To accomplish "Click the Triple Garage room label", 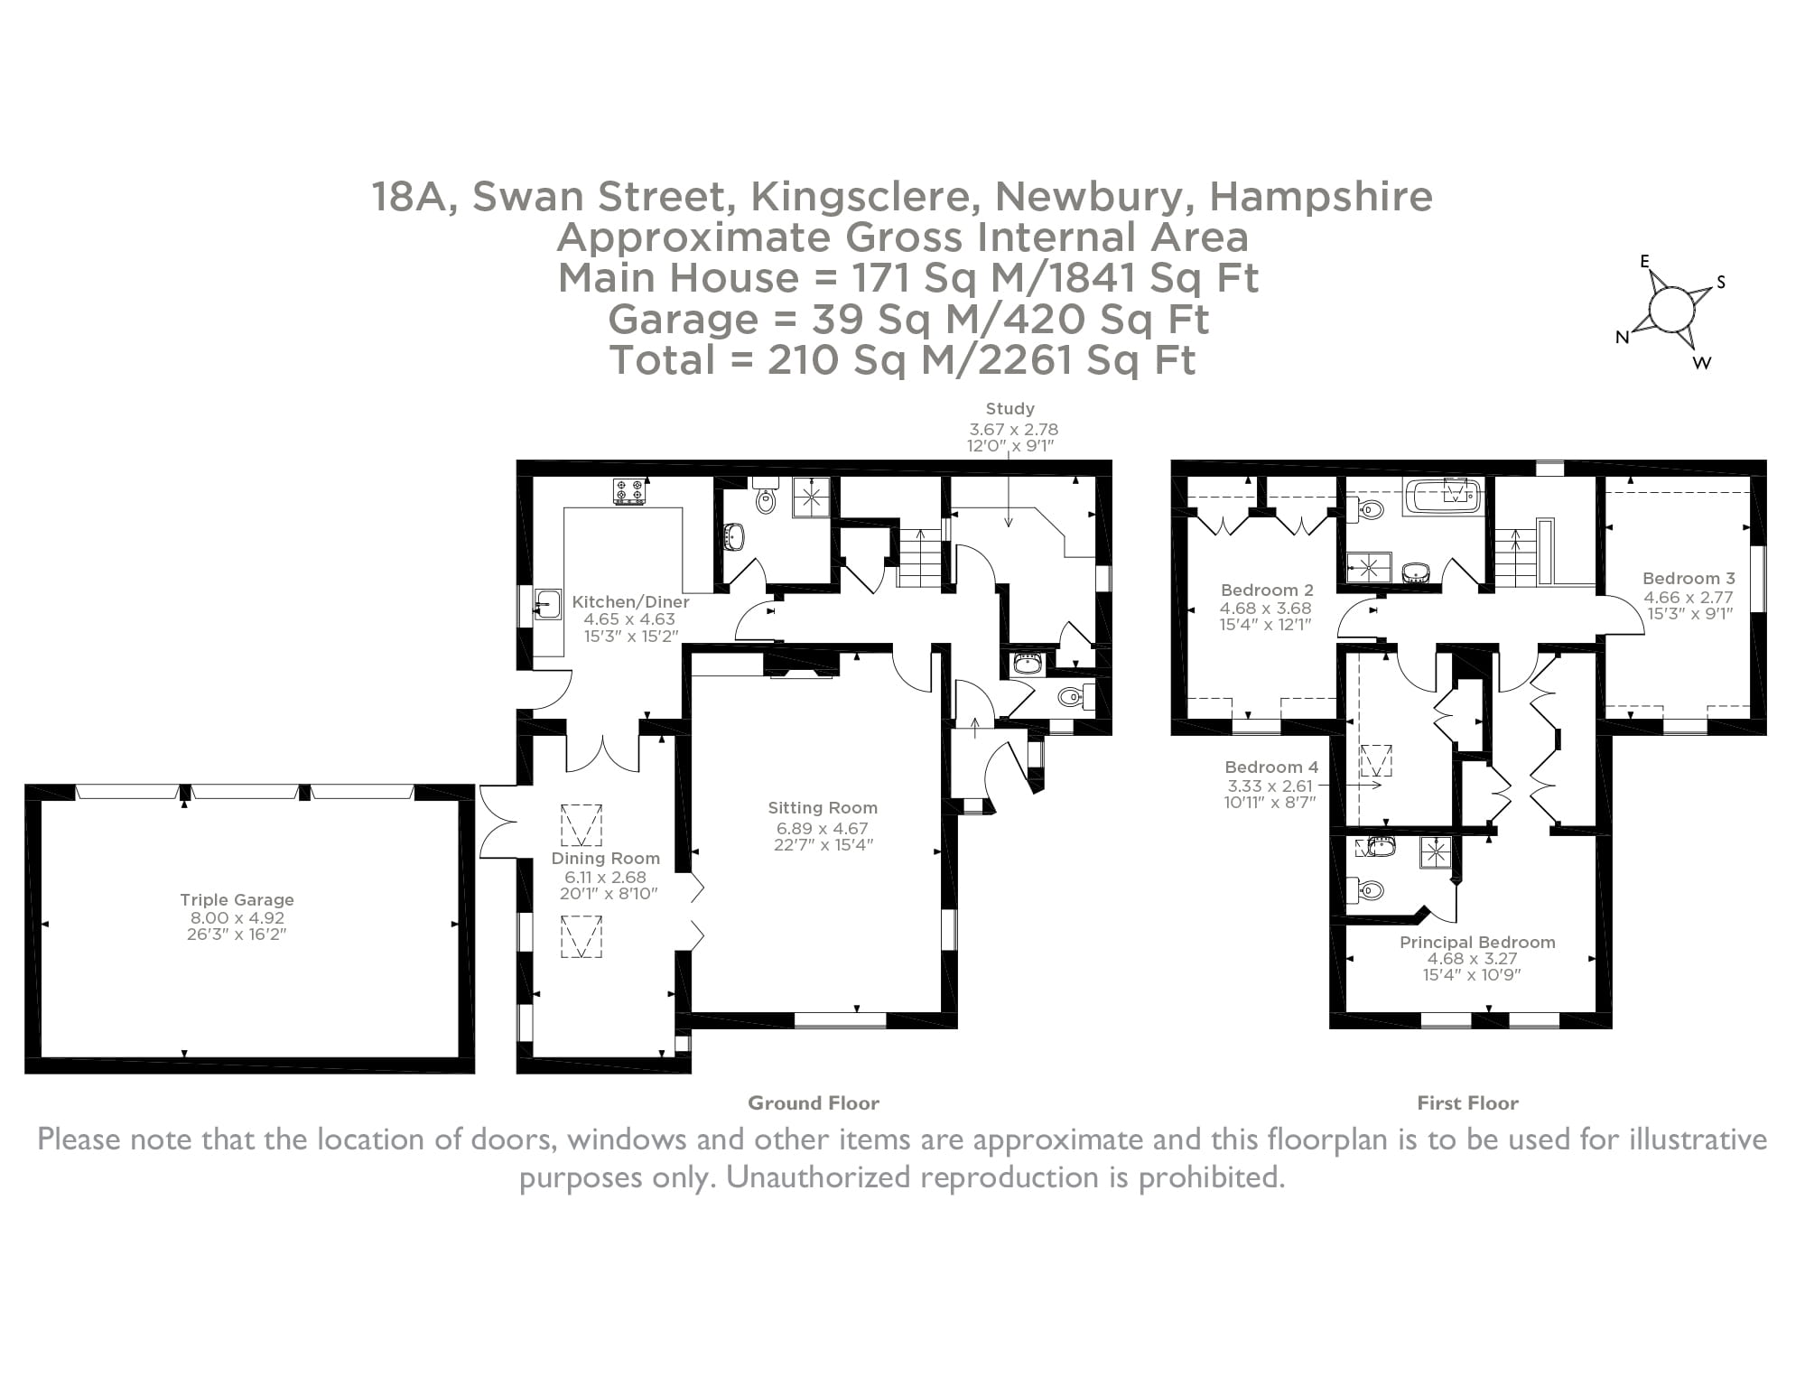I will [237, 899].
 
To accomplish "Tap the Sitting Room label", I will [823, 808].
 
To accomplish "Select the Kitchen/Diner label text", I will [630, 601].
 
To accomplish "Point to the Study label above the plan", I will [1009, 409].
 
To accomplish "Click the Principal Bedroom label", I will [1477, 942].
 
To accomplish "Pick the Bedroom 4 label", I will [1271, 767].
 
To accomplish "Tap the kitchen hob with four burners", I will [629, 491].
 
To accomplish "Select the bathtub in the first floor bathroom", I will [1442, 498].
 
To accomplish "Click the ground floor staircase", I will [919, 557].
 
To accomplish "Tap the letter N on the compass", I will [1622, 338].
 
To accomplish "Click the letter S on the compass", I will [1721, 283].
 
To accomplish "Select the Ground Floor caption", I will [813, 1102].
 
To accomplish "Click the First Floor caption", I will [1467, 1102].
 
